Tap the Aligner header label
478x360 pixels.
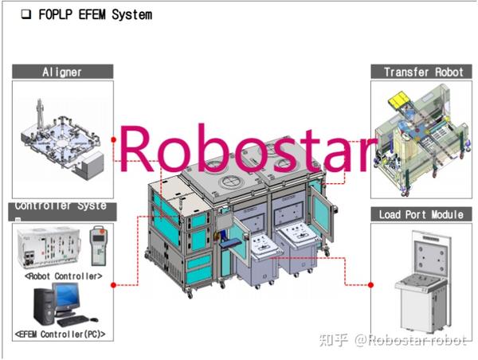(x=62, y=72)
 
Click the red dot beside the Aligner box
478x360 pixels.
(x=115, y=139)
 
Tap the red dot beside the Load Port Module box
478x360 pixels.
(x=370, y=284)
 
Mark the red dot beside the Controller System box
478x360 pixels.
(x=115, y=284)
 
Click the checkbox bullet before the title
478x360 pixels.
(x=25, y=14)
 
